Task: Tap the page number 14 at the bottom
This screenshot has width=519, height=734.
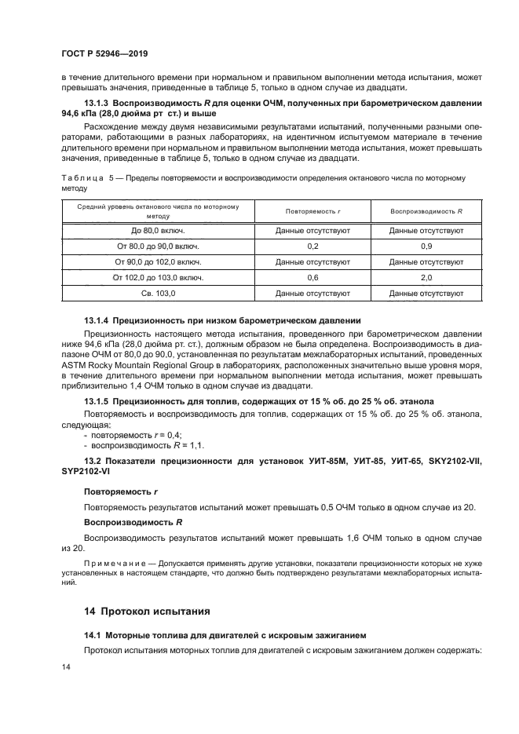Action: coord(65,666)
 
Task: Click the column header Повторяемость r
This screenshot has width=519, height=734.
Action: coord(312,211)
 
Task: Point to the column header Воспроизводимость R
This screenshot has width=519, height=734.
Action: coord(426,211)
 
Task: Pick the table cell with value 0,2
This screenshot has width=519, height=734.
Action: coord(312,246)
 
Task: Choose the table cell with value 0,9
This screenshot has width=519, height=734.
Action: coord(426,246)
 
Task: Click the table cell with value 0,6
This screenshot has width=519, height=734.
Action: coord(312,277)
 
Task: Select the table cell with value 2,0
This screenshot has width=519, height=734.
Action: coord(426,277)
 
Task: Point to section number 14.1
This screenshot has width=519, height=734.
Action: coord(93,634)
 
